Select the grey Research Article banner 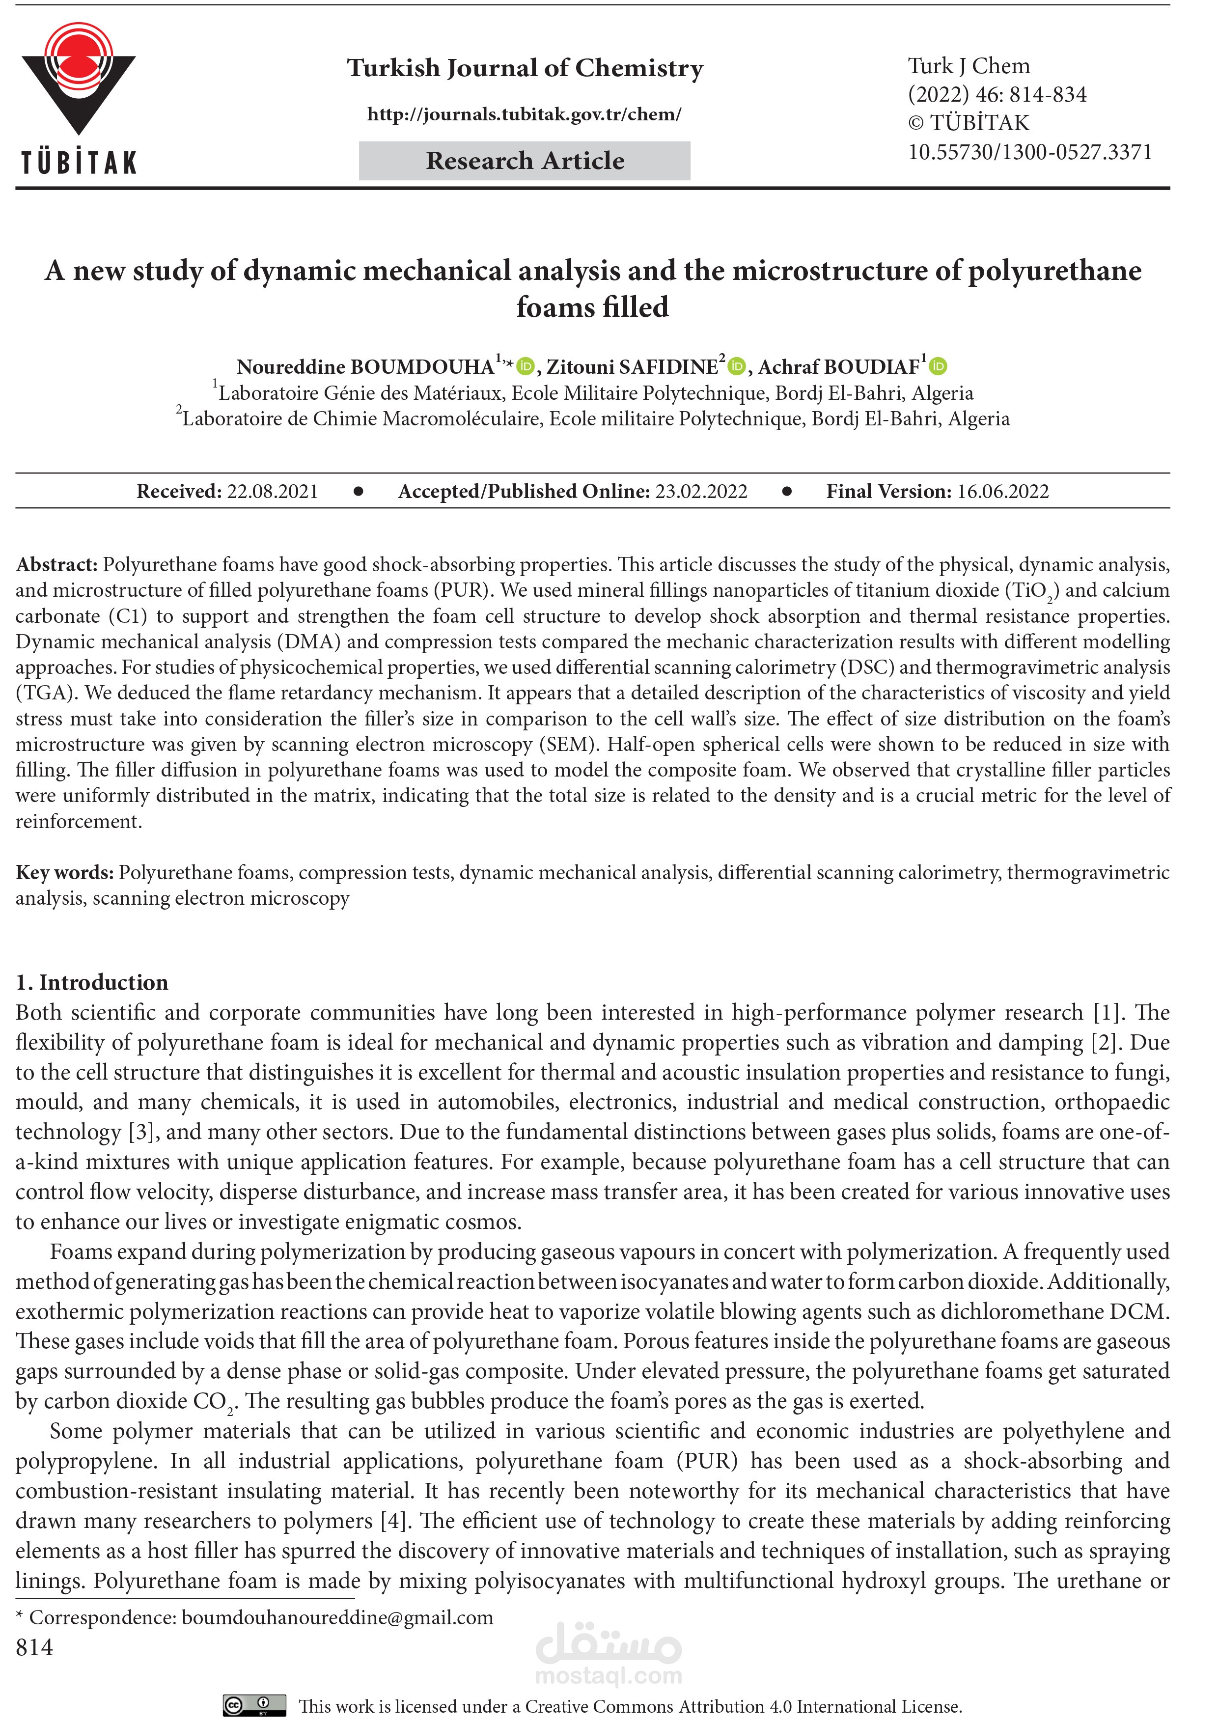(524, 161)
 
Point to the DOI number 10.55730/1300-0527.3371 (1029, 152)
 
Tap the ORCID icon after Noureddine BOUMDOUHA (526, 366)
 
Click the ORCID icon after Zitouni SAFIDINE (737, 366)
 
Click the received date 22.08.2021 (273, 492)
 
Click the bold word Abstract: (57, 564)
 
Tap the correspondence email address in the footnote (338, 1617)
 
